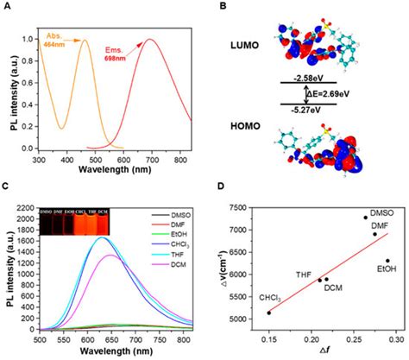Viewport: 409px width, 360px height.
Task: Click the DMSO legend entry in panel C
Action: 172,214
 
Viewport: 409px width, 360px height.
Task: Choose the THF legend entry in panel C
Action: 169,260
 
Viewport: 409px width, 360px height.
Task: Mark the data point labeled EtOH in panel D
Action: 388,261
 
